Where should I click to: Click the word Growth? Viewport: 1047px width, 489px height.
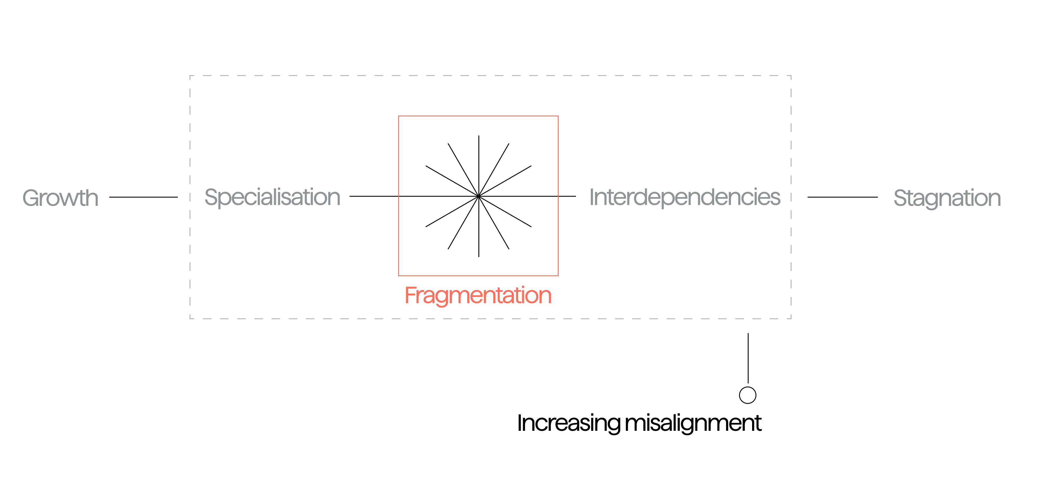60,198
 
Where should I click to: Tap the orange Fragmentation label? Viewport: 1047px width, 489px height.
478,295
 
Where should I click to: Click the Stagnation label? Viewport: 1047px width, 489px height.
947,198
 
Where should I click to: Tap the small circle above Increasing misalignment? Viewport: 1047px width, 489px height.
747,395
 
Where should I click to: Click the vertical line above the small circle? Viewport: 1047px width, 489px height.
748,358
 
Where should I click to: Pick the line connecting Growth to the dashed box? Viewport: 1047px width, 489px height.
143,197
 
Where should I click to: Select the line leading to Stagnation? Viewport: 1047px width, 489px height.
843,197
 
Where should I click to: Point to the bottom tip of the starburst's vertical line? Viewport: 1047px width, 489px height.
479,256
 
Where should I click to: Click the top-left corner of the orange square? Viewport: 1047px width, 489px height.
399,116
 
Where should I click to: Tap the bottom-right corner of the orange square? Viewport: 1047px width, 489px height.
558,275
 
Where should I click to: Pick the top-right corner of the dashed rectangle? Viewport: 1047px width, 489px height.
791,76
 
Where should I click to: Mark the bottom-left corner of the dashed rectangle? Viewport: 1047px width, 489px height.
190,318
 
